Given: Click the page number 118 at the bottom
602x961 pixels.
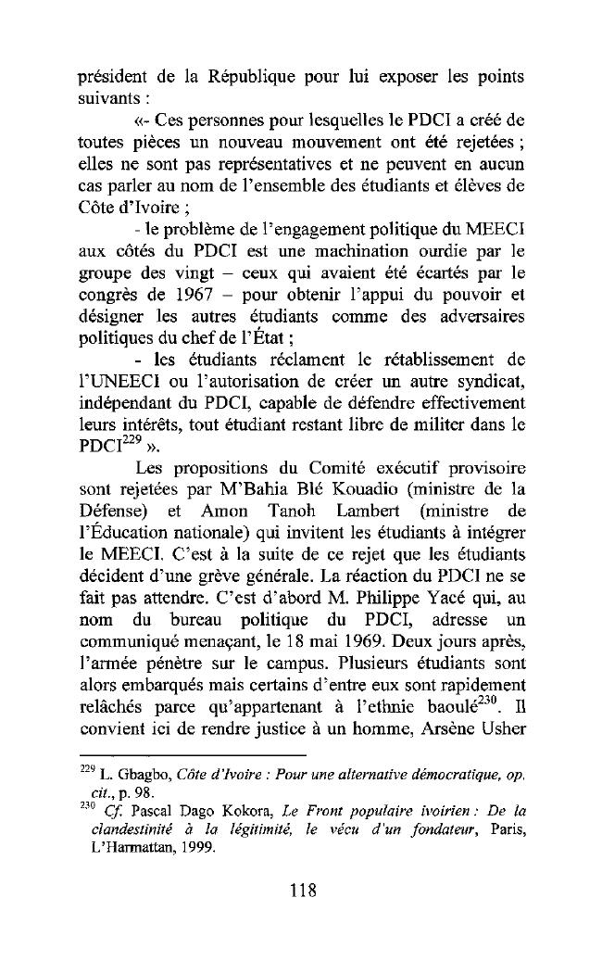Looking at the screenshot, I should [302, 891].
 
